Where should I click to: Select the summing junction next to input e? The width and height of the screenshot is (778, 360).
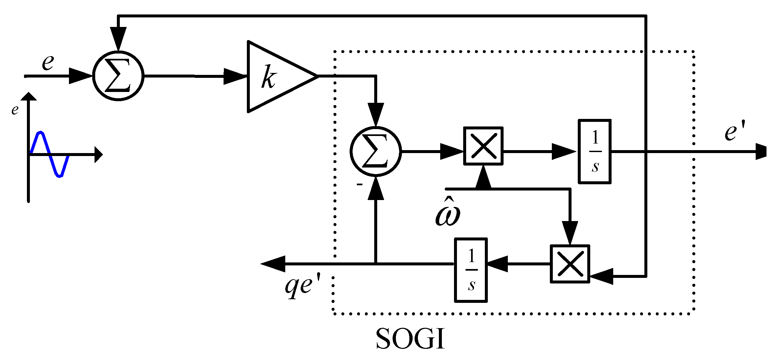pyautogui.click(x=118, y=76)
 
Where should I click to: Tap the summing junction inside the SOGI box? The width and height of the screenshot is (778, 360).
pyautogui.click(x=376, y=151)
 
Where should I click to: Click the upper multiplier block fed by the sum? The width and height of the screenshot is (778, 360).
pyautogui.click(x=483, y=146)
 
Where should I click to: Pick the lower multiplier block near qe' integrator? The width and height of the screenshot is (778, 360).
pyautogui.click(x=570, y=264)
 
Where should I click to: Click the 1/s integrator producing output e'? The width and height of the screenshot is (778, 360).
pyautogui.click(x=594, y=151)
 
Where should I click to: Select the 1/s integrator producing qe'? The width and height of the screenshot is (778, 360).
pyautogui.click(x=471, y=270)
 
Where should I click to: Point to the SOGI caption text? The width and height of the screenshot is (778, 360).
pyautogui.click(x=410, y=339)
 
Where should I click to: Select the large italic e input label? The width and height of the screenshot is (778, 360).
pyautogui.click(x=48, y=62)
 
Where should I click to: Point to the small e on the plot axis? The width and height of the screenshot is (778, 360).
pyautogui.click(x=15, y=110)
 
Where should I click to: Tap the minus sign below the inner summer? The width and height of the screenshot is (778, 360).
pyautogui.click(x=360, y=185)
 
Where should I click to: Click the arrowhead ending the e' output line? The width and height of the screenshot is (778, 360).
pyautogui.click(x=762, y=151)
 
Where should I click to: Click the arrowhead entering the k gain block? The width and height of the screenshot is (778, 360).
pyautogui.click(x=235, y=76)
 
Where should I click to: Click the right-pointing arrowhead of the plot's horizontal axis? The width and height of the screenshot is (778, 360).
pyautogui.click(x=98, y=154)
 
